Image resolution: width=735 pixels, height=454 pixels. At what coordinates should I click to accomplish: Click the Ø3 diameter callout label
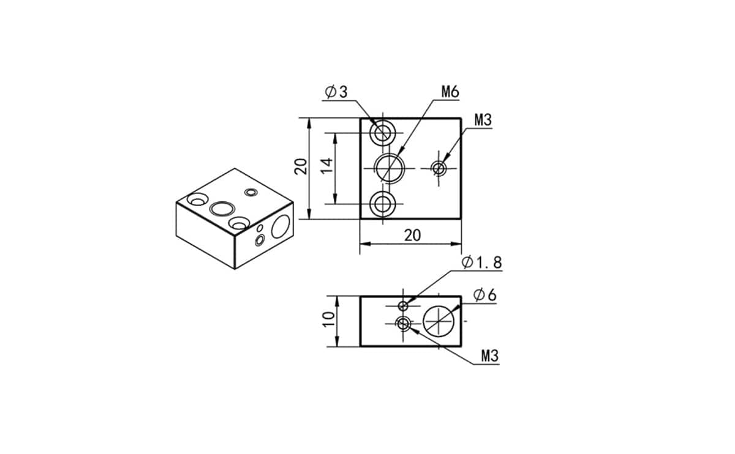coord(336,92)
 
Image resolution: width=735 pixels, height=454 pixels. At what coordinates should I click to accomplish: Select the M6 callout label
coord(450,92)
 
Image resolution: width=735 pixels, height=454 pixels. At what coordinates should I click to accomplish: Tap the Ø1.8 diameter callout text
coord(481,262)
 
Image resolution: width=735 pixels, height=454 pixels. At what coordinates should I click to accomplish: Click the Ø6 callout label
coord(485,296)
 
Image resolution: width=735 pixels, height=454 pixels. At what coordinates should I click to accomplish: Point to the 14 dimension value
coord(326,166)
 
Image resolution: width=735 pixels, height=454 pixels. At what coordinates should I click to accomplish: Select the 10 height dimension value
coord(328,319)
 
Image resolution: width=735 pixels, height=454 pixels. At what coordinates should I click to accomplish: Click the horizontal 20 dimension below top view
coord(412,236)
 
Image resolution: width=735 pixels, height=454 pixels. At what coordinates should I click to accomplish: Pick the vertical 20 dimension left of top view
coord(301,166)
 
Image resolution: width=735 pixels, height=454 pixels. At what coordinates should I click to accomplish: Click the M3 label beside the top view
coord(483,121)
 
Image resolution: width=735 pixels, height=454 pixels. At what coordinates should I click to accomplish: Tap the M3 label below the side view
coord(490,356)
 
